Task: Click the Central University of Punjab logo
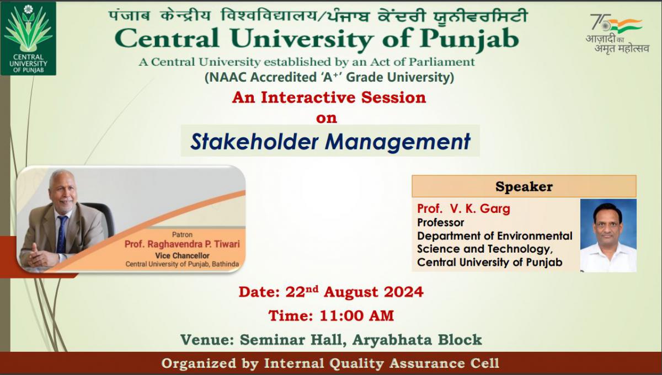click(28, 39)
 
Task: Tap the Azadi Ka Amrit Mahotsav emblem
click(617, 34)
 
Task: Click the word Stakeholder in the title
click(254, 142)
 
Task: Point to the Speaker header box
click(524, 186)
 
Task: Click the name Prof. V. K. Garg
click(463, 208)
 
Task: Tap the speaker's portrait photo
click(608, 235)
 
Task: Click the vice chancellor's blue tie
click(62, 234)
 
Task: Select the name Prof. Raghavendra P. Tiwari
click(182, 244)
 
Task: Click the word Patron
click(182, 234)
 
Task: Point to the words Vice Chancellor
click(182, 256)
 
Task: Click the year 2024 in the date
click(403, 292)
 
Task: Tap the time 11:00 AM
click(357, 316)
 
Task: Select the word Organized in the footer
click(199, 364)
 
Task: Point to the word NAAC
click(227, 77)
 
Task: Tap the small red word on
click(326, 118)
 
